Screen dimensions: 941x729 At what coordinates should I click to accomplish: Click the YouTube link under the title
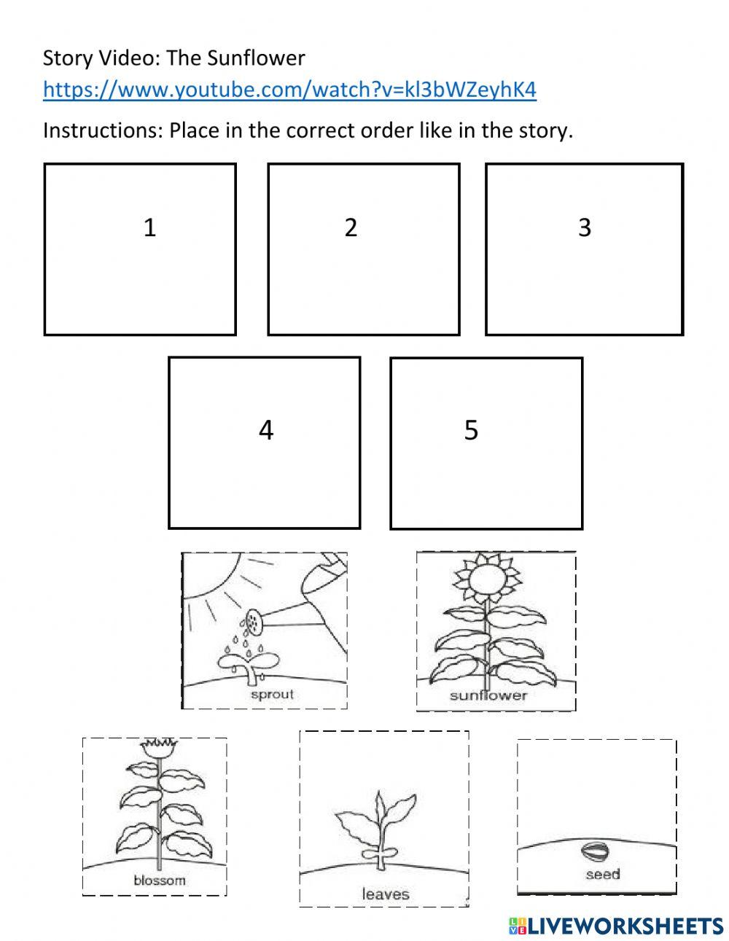289,90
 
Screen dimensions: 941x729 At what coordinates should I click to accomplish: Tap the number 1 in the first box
149,228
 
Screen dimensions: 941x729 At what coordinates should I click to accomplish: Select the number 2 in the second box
351,228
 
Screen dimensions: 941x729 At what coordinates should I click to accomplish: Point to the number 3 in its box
584,228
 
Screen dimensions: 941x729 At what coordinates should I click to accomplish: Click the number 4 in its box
266,430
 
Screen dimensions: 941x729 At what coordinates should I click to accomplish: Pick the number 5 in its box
471,430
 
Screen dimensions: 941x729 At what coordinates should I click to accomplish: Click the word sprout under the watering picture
271,694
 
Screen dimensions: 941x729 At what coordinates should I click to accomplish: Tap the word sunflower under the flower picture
488,695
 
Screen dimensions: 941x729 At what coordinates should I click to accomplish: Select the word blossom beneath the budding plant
159,880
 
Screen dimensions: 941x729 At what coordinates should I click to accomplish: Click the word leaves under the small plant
385,893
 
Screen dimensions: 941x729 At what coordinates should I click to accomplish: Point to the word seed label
602,874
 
